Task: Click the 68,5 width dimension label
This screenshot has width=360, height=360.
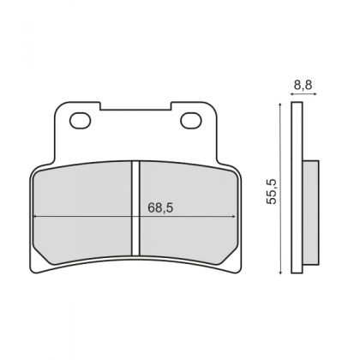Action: pos(160,207)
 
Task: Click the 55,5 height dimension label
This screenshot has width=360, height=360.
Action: pos(272,191)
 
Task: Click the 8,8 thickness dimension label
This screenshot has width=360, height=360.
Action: pos(303,85)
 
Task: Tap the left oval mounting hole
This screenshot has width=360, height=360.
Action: pos(81,121)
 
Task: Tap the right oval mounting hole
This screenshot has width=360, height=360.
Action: pos(191,121)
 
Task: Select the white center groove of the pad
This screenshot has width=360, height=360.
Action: pos(135,208)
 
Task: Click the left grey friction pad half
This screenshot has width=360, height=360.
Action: pos(83,213)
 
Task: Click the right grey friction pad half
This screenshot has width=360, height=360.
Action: pos(189,213)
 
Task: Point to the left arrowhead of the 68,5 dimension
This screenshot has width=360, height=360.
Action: pos(35,217)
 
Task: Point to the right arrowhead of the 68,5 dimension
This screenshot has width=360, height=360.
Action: pos(234,217)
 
